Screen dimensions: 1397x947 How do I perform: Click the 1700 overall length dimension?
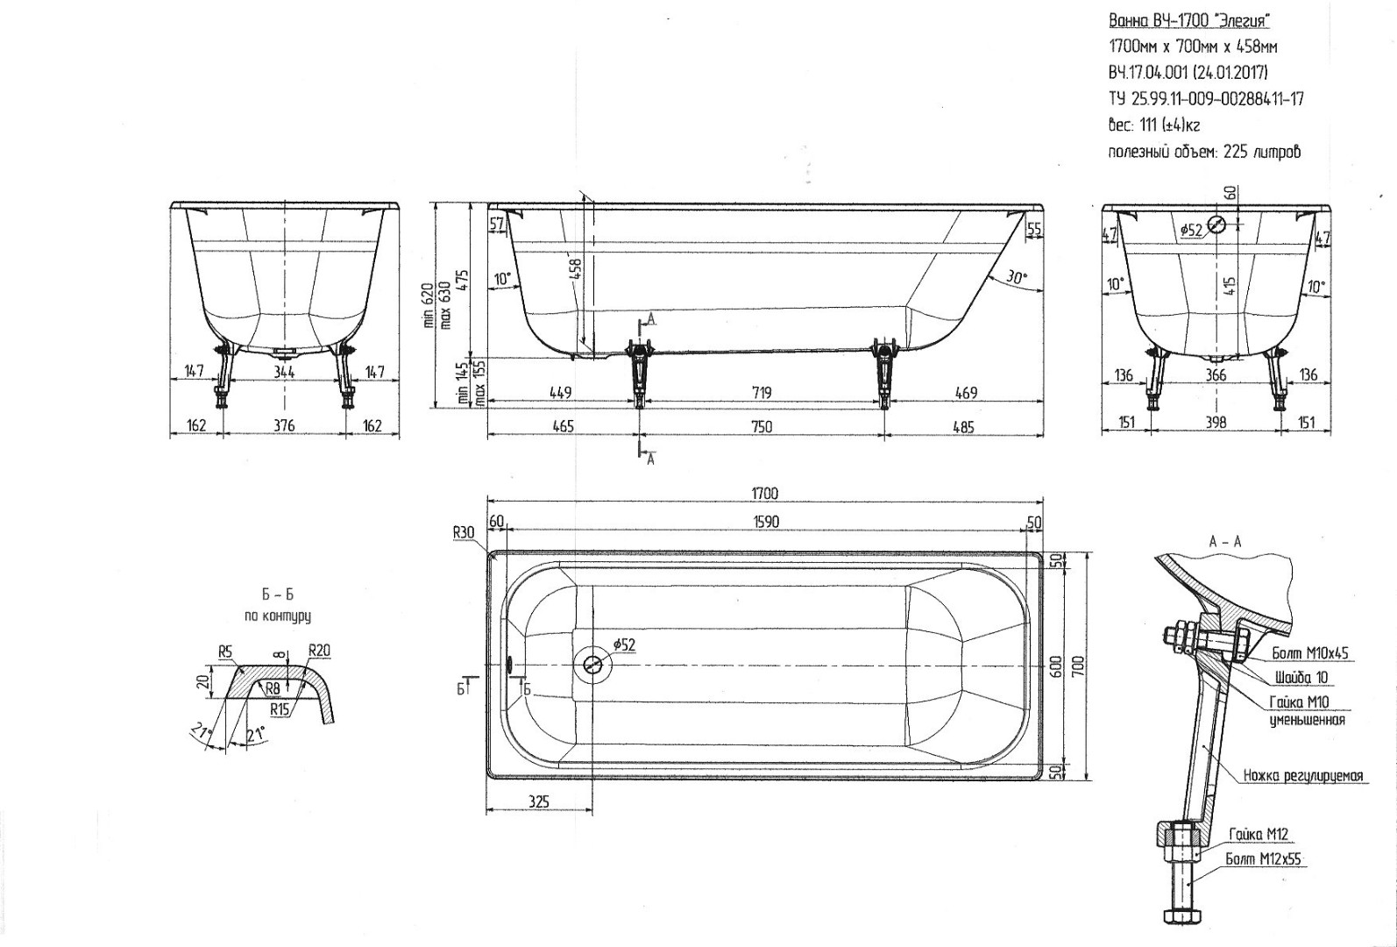[x=764, y=494]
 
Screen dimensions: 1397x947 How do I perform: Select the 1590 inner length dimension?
[x=766, y=522]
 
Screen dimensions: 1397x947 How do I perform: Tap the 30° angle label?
[x=1016, y=278]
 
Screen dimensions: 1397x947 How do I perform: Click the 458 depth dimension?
[x=576, y=269]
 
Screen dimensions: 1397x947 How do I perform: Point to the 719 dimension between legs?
[x=762, y=393]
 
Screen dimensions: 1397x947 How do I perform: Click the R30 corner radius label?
[x=464, y=532]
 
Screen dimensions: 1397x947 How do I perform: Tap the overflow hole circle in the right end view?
[x=1216, y=225]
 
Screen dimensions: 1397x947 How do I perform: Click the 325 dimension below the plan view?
[x=538, y=801]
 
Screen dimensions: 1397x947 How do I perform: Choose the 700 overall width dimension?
[x=1080, y=666]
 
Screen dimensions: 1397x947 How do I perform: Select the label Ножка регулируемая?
[x=1303, y=775]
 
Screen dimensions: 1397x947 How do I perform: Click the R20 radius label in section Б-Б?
[x=319, y=651]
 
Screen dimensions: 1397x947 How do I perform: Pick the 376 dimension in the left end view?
[x=284, y=425]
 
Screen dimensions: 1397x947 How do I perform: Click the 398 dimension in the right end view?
[x=1216, y=423]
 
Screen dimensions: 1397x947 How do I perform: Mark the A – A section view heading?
[x=1225, y=542]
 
